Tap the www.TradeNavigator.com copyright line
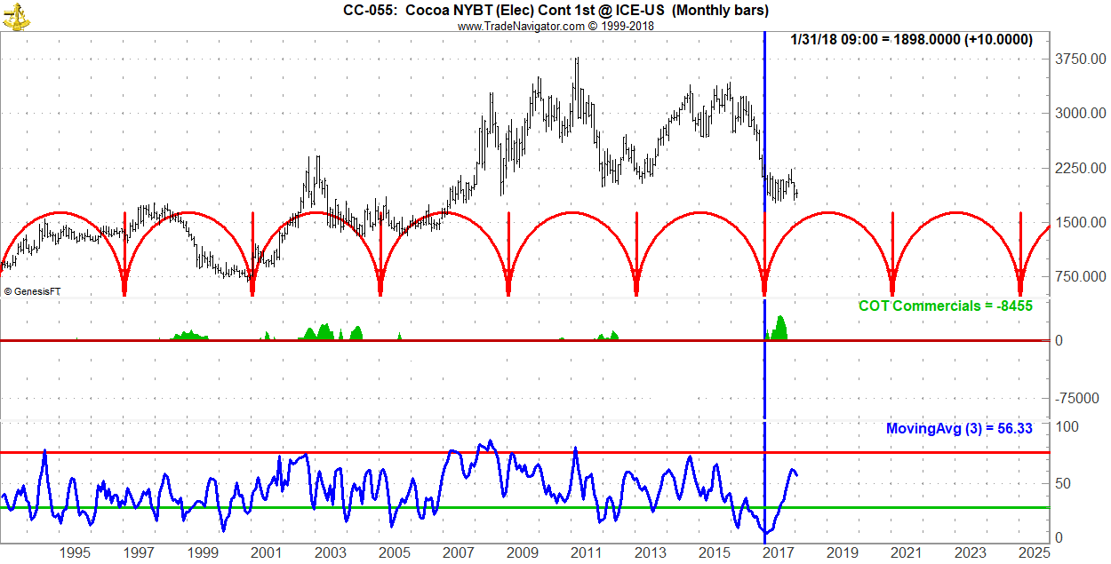(x=555, y=26)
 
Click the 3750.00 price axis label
(x=1079, y=60)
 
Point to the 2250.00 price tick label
(x=1079, y=168)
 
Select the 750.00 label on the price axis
(x=1082, y=277)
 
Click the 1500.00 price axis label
(x=1079, y=222)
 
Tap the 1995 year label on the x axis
(x=75, y=553)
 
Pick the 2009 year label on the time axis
(x=523, y=553)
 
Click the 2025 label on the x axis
(x=1035, y=553)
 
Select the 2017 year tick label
(x=779, y=553)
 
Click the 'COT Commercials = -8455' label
(x=945, y=306)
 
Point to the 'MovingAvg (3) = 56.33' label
(x=959, y=428)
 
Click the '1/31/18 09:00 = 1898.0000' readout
(x=911, y=40)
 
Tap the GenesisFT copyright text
(x=33, y=291)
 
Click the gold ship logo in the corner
(x=15, y=15)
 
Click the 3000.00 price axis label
(x=1079, y=114)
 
